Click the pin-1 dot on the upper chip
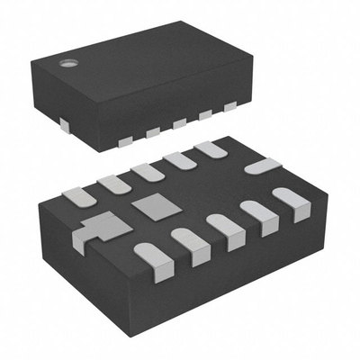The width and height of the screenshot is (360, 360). coord(67,63)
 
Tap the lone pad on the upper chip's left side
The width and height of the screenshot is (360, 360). coord(65,121)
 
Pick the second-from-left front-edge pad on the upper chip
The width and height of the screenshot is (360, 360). coord(152,132)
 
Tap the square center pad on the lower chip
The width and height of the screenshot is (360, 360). coord(156,208)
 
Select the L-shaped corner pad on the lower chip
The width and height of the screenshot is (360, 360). coord(101,225)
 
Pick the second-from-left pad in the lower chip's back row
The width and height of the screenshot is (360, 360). coord(114,183)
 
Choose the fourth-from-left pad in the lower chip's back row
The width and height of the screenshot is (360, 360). coord(179,160)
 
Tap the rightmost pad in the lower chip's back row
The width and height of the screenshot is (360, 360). coord(211,149)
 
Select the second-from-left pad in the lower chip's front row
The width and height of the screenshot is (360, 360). coord(189,245)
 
